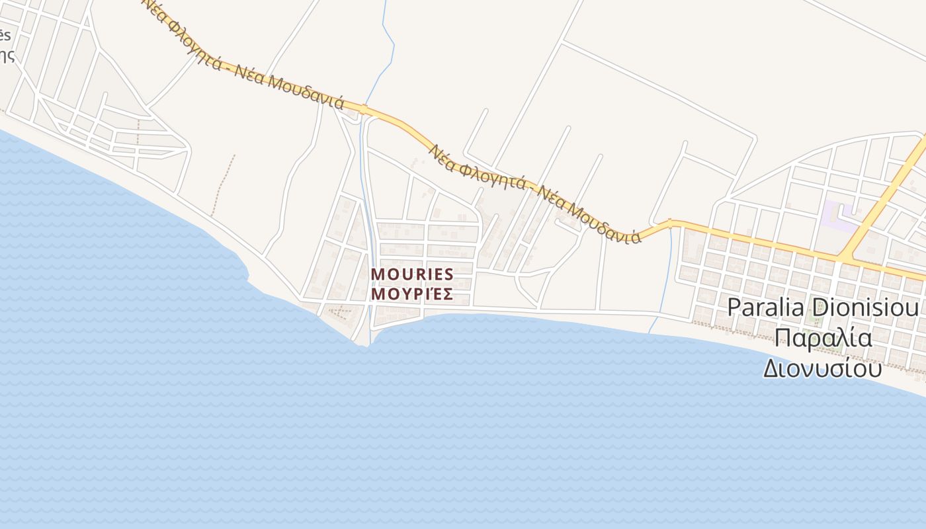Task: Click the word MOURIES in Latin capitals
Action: [412, 274]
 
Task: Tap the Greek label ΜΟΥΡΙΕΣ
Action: [412, 294]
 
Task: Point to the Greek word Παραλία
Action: [823, 338]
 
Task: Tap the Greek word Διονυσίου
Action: [822, 368]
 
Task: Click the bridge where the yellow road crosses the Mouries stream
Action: [363, 108]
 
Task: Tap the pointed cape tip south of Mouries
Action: [366, 345]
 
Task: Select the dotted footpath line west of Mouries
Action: [223, 185]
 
